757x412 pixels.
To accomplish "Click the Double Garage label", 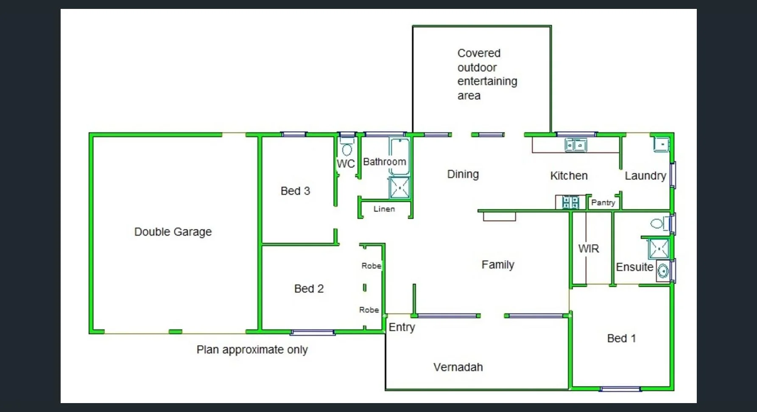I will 173,232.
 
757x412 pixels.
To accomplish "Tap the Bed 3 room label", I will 295,191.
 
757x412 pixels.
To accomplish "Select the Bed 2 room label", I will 309,289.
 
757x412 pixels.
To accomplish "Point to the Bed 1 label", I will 621,339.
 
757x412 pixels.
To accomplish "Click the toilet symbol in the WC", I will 347,150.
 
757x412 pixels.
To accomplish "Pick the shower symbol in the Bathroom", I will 399,187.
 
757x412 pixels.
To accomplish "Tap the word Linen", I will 384,209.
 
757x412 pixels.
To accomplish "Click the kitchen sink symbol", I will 575,145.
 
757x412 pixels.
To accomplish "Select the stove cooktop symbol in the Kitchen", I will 570,202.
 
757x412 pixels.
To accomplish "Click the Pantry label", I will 603,203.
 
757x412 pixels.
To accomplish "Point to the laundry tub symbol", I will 661,144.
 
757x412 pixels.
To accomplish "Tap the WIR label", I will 589,249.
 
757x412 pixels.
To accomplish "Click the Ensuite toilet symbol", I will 658,223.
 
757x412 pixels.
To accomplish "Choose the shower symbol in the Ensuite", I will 659,248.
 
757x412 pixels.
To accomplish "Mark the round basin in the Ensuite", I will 663,271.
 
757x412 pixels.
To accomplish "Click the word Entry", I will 402,327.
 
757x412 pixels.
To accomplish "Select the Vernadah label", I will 458,367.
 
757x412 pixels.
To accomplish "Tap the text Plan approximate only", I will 252,350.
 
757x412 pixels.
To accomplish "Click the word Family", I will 498,265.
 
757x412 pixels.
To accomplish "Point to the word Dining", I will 463,174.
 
